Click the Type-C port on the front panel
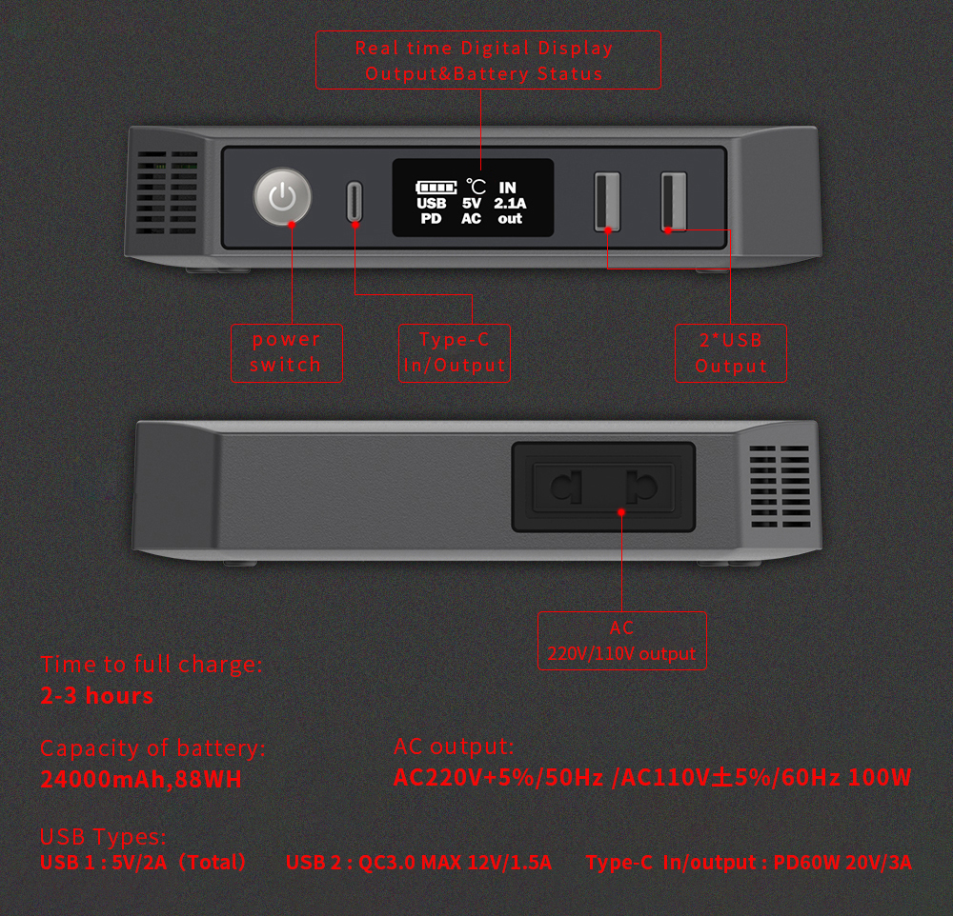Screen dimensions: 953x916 click(x=355, y=201)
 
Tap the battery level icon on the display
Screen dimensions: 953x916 click(x=436, y=187)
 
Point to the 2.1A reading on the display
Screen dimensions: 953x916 click(x=510, y=204)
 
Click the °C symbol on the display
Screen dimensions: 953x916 click(x=476, y=187)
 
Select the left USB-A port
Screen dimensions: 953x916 click(x=607, y=202)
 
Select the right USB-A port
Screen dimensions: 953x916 click(x=674, y=202)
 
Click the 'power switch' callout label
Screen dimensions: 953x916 click(x=286, y=353)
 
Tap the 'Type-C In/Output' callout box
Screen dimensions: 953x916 click(x=454, y=353)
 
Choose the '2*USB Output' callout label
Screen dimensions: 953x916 click(x=731, y=353)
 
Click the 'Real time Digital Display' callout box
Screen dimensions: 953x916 click(x=488, y=60)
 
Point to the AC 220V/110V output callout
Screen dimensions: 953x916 click(x=621, y=641)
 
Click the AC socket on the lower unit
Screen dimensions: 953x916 click(x=603, y=488)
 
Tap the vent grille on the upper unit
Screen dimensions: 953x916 click(x=167, y=192)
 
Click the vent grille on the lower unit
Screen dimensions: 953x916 click(x=780, y=487)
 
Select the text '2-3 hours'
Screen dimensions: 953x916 click(x=97, y=696)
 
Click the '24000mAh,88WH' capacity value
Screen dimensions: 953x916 click(x=141, y=779)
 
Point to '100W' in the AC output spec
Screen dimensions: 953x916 click(x=880, y=778)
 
